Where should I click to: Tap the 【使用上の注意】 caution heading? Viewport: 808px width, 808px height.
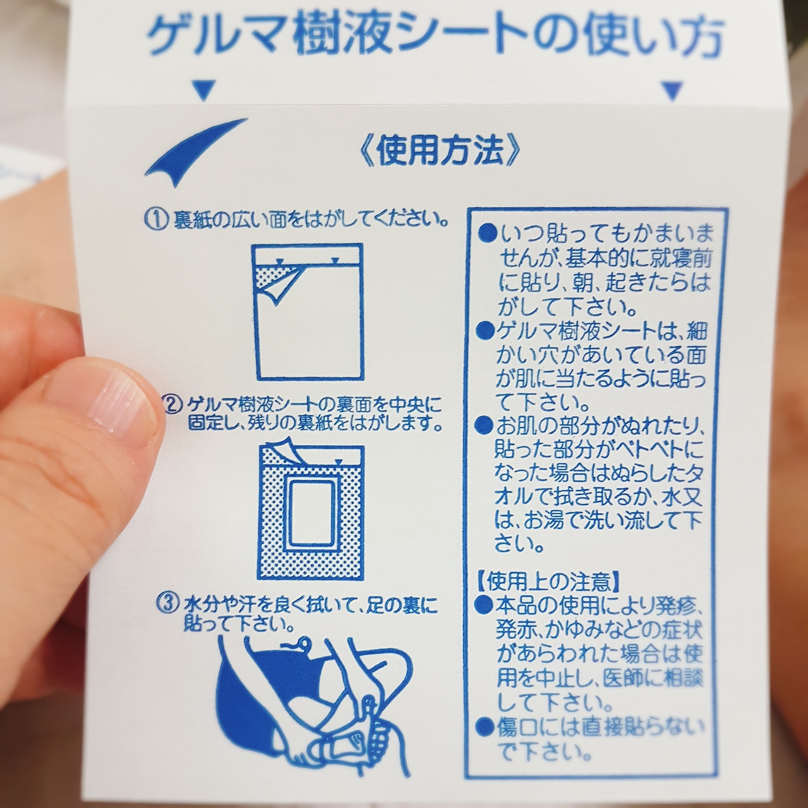[x=548, y=581]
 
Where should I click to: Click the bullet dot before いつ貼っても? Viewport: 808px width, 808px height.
[x=487, y=233]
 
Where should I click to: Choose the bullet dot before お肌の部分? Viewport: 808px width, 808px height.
[x=485, y=427]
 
